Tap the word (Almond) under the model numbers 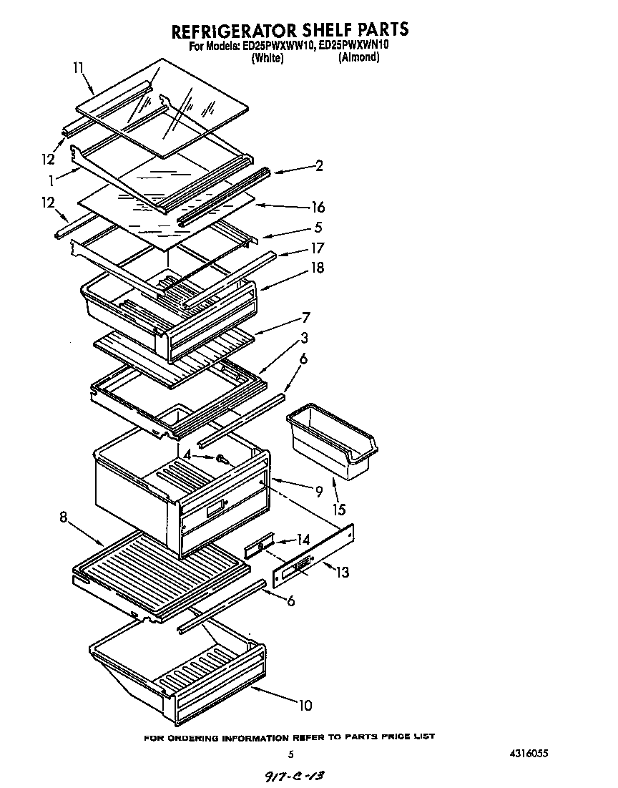click(x=358, y=57)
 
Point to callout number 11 click(x=79, y=68)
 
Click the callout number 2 click(x=319, y=166)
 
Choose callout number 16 click(x=318, y=208)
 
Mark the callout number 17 click(x=318, y=248)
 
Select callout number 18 click(x=318, y=268)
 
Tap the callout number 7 click(x=305, y=317)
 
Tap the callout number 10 click(x=305, y=706)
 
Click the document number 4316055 click(x=529, y=754)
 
